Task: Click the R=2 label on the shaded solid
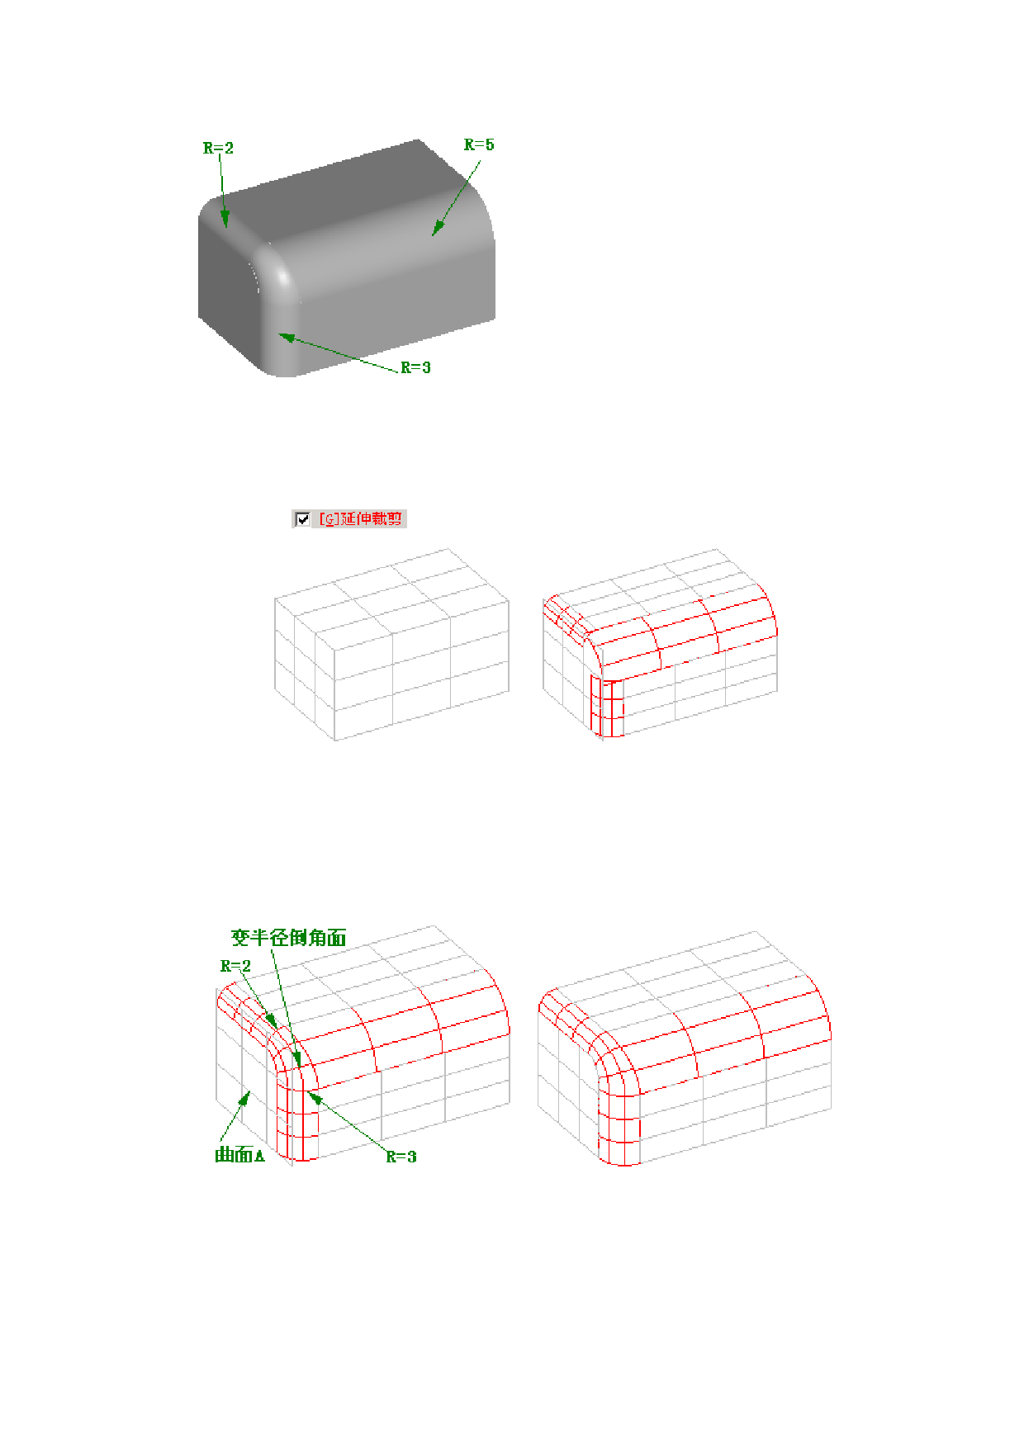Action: [x=218, y=148]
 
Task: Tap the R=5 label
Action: [x=479, y=144]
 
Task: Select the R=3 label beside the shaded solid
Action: [x=415, y=367]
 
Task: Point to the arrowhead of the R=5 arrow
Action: [x=437, y=229]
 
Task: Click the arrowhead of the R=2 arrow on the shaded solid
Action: [x=224, y=220]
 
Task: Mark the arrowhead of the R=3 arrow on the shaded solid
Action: [x=286, y=336]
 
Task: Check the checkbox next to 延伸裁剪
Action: [x=302, y=518]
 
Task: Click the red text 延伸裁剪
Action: [x=371, y=518]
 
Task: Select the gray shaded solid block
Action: [x=347, y=258]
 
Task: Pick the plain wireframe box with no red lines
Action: [x=391, y=645]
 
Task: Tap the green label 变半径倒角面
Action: [x=288, y=937]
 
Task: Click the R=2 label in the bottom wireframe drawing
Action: [x=235, y=966]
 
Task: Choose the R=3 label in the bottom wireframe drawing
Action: [x=401, y=1157]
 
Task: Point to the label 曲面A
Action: [x=239, y=1155]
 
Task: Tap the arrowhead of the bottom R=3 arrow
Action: [x=312, y=1095]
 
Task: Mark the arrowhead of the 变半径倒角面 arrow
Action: [x=297, y=1058]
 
